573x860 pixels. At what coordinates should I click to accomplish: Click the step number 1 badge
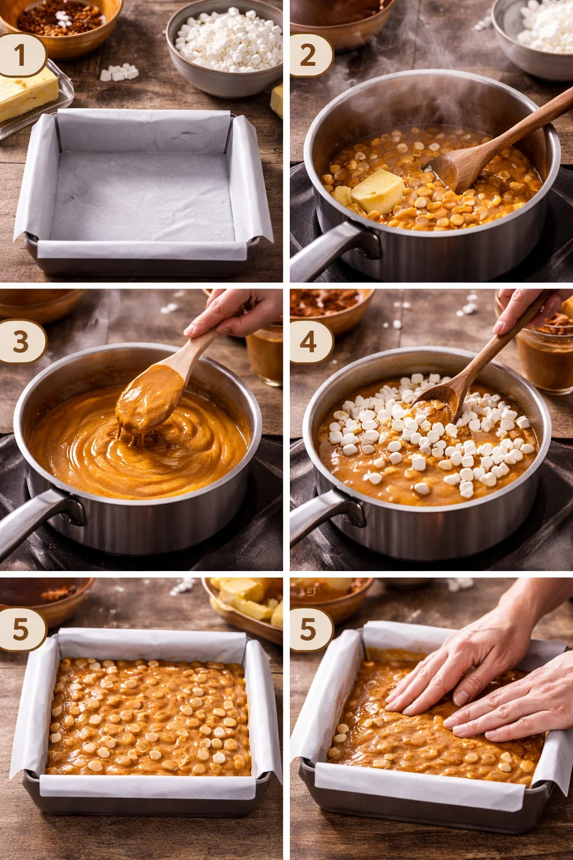click(x=21, y=55)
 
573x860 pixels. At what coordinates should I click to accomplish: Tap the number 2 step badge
click(x=309, y=55)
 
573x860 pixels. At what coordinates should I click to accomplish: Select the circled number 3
click(x=21, y=342)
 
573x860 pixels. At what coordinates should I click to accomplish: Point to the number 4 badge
click(x=309, y=342)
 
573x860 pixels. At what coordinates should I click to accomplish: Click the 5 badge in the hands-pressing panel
click(x=309, y=629)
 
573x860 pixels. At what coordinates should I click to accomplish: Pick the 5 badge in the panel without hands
click(x=21, y=629)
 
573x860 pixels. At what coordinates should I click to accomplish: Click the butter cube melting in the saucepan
click(x=378, y=191)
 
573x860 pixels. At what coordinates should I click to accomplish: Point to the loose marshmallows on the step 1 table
click(x=119, y=73)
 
